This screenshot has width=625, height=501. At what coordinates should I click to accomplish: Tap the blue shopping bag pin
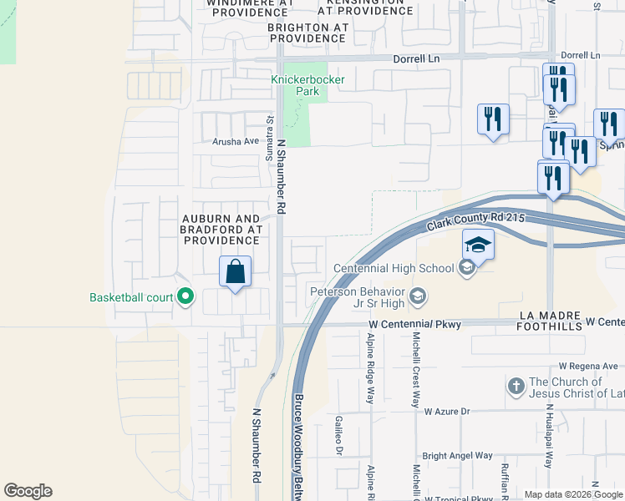(x=236, y=271)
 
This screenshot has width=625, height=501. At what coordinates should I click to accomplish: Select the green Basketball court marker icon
(x=185, y=297)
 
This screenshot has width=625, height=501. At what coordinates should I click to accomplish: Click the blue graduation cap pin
(x=478, y=245)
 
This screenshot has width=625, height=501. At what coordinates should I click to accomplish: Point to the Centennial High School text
(x=394, y=268)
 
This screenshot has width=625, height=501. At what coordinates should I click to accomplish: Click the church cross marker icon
(x=516, y=387)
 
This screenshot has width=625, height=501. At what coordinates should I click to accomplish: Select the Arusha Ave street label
(x=236, y=141)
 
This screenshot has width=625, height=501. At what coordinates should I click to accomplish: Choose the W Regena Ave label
(x=588, y=366)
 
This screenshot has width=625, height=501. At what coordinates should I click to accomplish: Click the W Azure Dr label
(x=447, y=412)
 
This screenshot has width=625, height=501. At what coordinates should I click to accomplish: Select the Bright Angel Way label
(x=457, y=455)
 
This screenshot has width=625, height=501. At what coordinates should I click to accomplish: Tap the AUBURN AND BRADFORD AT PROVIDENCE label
(x=222, y=230)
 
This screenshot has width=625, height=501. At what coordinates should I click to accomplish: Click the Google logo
(x=28, y=491)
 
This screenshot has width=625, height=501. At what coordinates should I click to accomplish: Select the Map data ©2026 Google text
(x=572, y=494)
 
